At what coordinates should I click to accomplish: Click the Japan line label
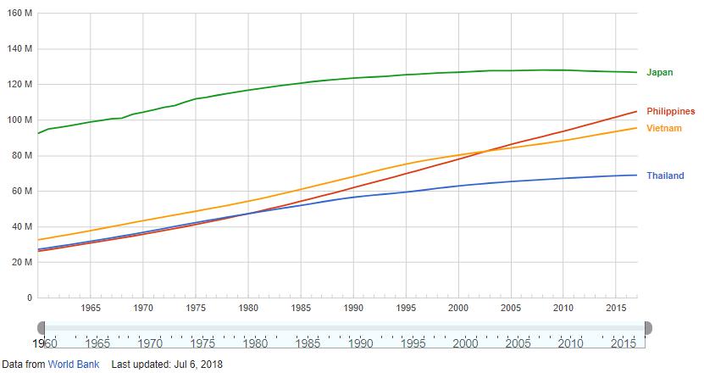659,73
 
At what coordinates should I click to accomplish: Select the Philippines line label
670,111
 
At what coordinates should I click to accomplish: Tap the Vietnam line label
664,128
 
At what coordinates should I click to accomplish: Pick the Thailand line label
665,175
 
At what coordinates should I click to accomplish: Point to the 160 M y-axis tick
19,13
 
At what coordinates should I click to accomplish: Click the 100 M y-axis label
19,120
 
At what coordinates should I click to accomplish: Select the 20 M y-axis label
22,262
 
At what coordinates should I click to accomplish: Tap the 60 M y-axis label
22,191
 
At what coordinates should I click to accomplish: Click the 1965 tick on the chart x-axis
91,308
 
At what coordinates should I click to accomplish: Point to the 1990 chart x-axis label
353,308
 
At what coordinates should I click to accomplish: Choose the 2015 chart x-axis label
616,308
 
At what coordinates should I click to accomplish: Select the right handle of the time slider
648,327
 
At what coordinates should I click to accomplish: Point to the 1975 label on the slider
202,343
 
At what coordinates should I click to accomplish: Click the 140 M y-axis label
19,48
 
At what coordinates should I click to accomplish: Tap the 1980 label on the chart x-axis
248,308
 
